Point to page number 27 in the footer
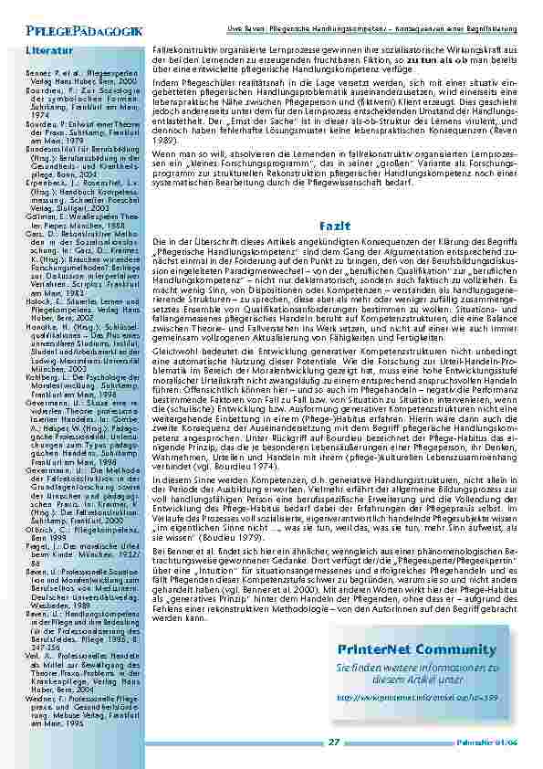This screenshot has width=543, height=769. [333, 741]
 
